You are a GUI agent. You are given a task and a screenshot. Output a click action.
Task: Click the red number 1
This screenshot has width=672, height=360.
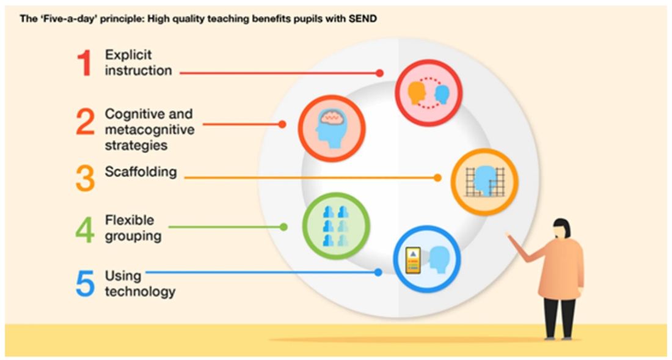tap(85, 63)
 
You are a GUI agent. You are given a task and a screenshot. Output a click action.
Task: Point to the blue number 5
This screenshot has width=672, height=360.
tap(85, 282)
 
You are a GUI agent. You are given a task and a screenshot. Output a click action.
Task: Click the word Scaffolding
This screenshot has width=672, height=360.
tap(141, 172)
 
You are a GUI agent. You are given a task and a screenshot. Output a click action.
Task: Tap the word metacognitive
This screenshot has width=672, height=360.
tap(149, 130)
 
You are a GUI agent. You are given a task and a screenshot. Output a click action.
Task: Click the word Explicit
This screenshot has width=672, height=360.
tap(128, 55)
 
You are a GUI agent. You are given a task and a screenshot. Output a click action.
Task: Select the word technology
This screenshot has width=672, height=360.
tap(140, 292)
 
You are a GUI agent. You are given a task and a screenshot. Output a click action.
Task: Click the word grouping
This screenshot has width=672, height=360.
tap(133, 236)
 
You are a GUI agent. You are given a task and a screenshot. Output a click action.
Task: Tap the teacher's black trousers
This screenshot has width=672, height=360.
tap(560, 315)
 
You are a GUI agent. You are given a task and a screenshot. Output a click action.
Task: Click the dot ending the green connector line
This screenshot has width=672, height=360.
tap(283, 227)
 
